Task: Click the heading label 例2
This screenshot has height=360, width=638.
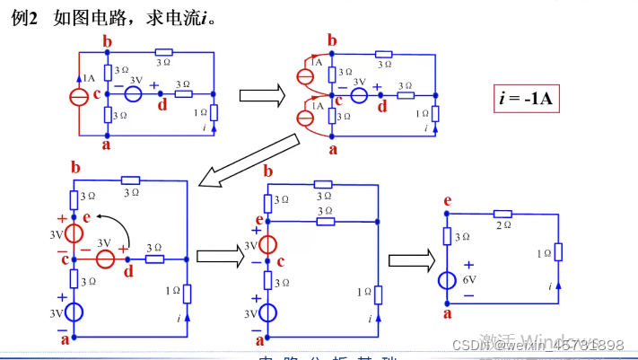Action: [24, 17]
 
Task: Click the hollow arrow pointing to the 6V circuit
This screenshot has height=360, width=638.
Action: [410, 260]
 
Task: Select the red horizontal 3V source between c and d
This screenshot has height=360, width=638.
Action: [106, 259]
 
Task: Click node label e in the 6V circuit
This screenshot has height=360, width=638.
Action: [447, 202]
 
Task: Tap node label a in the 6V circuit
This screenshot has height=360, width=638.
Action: [447, 313]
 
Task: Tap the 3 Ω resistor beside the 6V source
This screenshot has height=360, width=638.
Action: [446, 236]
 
